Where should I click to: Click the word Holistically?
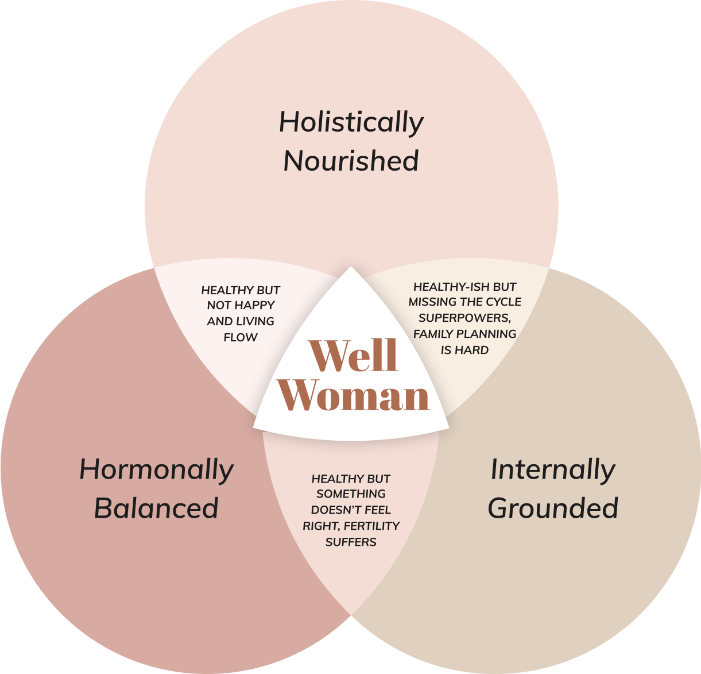(x=351, y=122)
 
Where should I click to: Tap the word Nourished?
(x=351, y=161)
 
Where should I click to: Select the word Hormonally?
(x=157, y=469)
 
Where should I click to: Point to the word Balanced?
(x=157, y=508)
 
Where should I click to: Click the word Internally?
(x=553, y=469)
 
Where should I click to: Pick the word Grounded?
(x=553, y=508)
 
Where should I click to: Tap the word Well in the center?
(x=353, y=356)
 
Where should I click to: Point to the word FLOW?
(x=241, y=337)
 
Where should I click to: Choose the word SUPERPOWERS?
(x=465, y=318)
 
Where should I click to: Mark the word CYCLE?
(x=504, y=302)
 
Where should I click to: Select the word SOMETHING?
(x=351, y=494)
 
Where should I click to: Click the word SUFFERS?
(x=351, y=542)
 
